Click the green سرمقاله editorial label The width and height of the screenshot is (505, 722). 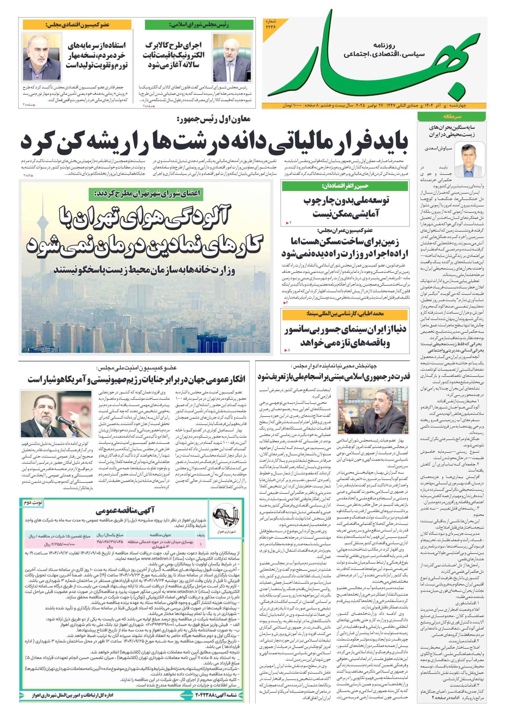coord(451,116)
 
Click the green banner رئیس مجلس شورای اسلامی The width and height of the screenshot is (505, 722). coord(199,25)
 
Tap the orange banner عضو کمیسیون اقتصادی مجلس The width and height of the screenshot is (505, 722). coord(77,25)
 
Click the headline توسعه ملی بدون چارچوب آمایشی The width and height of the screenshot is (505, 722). coord(346,207)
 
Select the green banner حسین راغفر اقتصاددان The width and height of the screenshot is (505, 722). coord(345,186)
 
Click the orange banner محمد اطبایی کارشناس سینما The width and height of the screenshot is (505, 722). coord(345,314)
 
